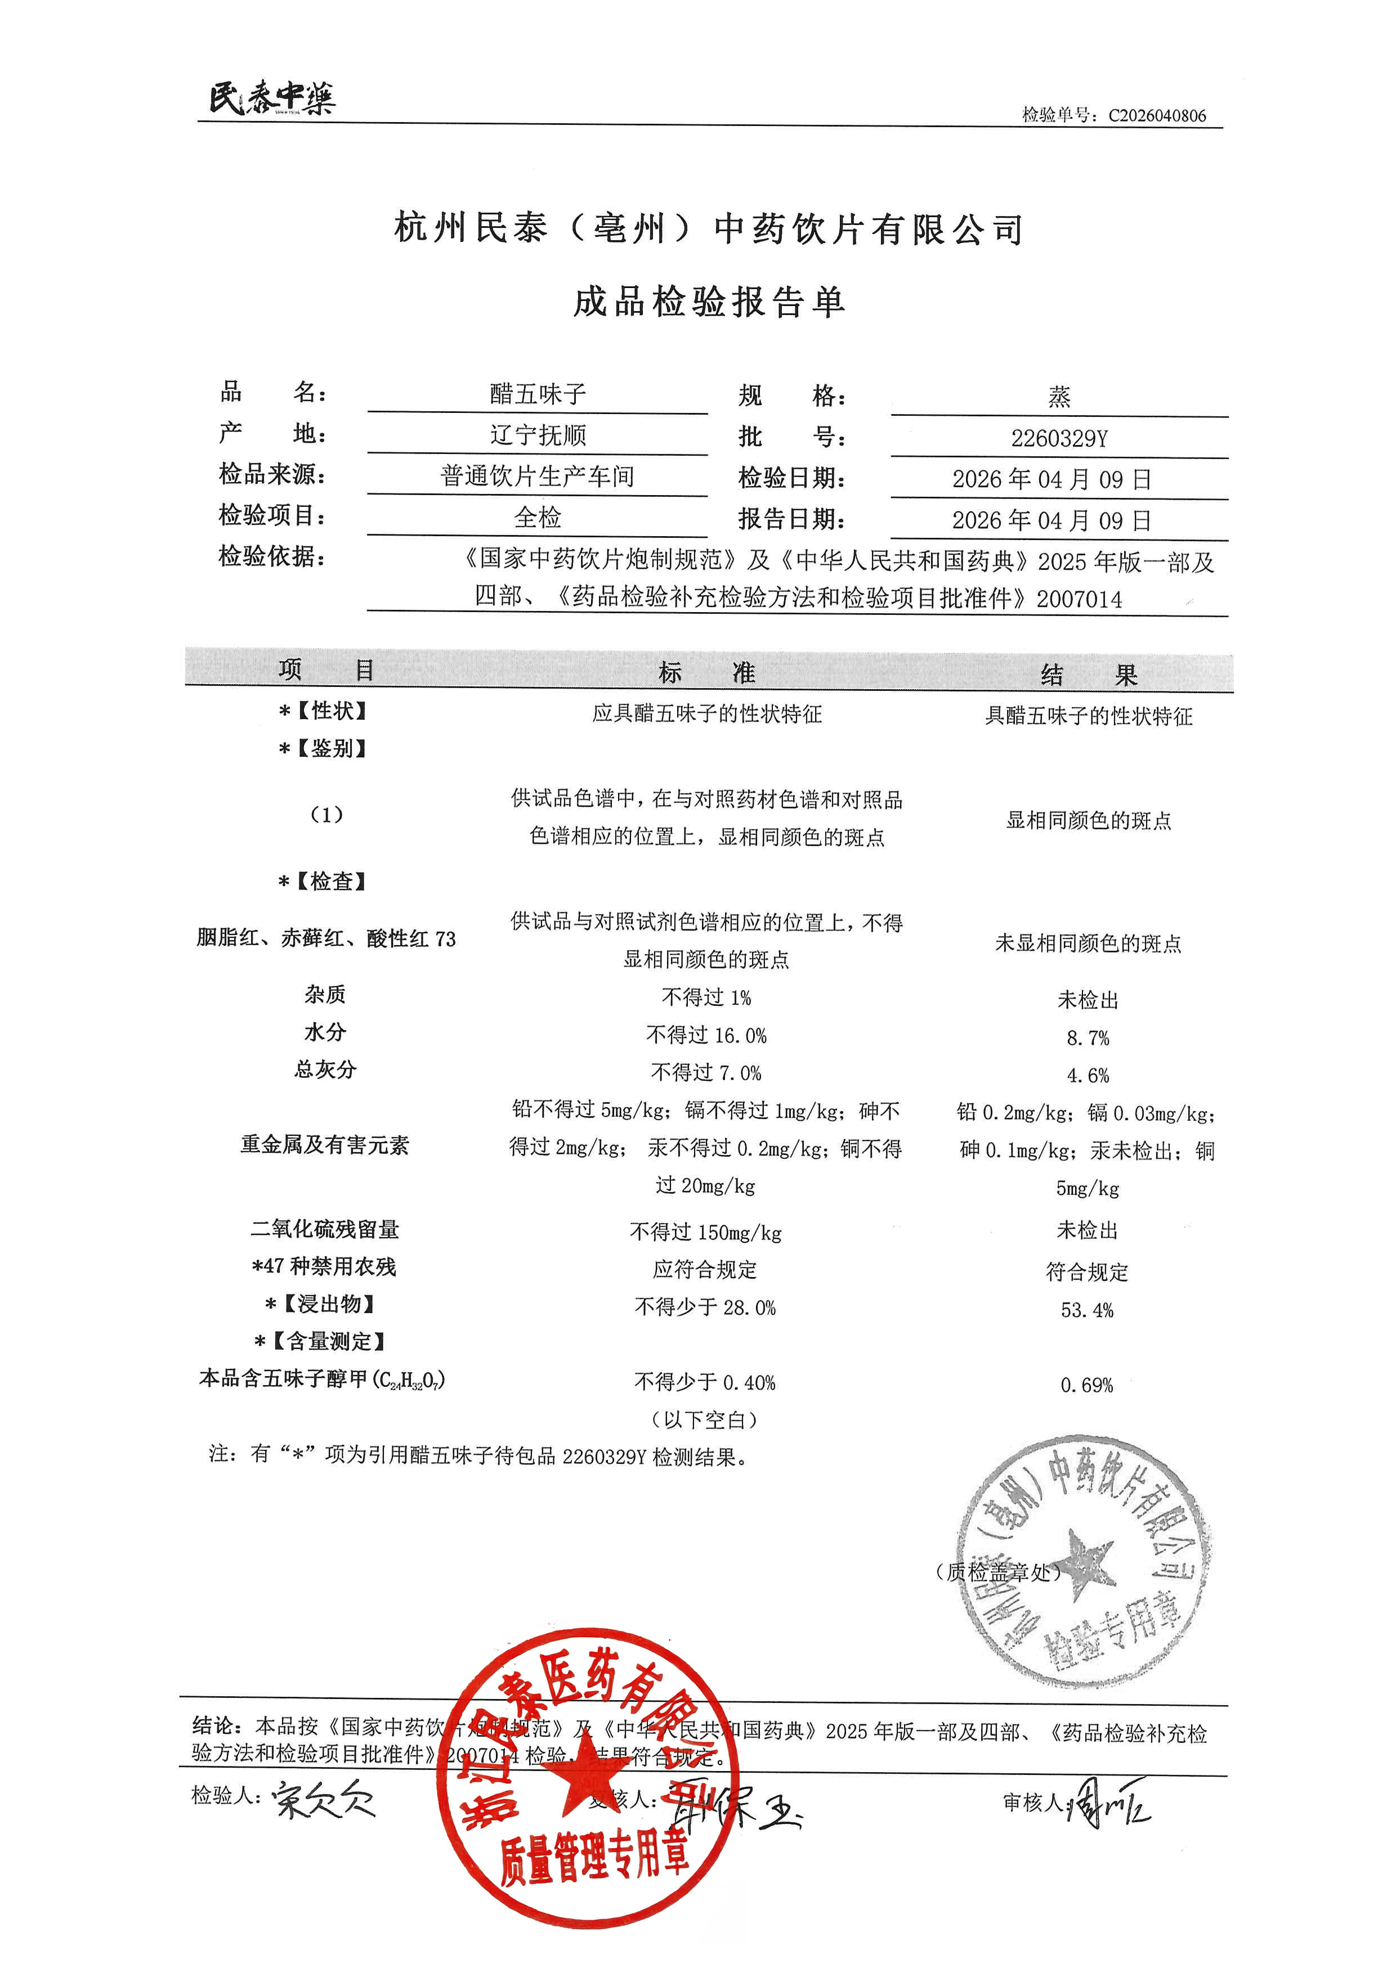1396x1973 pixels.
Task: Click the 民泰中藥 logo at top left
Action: tap(272, 98)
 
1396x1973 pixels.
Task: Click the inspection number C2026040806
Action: tap(1156, 116)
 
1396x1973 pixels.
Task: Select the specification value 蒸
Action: tap(1059, 397)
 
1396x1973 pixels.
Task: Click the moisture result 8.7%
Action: tap(1088, 1038)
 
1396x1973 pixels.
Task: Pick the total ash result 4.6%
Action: tap(1088, 1076)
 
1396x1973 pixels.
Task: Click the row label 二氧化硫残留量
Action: tap(325, 1230)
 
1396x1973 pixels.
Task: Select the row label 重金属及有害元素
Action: tap(325, 1145)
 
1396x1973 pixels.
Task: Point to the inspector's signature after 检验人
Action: tap(323, 1799)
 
